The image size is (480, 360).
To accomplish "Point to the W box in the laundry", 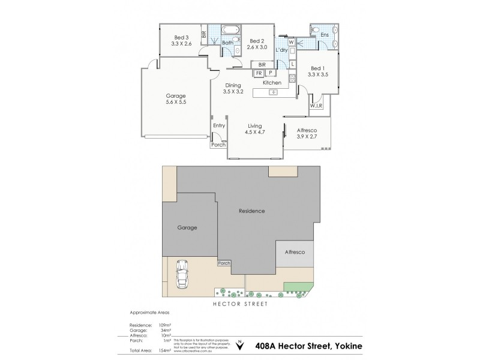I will pos(291,42).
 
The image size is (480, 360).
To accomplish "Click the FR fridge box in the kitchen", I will pos(259,73).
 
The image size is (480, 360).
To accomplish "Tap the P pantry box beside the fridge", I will pos(271,73).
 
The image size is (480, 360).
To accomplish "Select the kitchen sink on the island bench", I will pos(274,92).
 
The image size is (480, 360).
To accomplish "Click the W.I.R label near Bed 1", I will pos(316,106).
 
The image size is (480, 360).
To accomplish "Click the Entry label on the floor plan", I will pos(218,125).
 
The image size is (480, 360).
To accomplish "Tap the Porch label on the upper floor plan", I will pos(218,145).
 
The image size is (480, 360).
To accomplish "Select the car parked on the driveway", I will pos(182,275).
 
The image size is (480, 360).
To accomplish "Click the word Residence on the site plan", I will pos(251,211).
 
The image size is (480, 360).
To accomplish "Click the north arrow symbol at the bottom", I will pos(240,345).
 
